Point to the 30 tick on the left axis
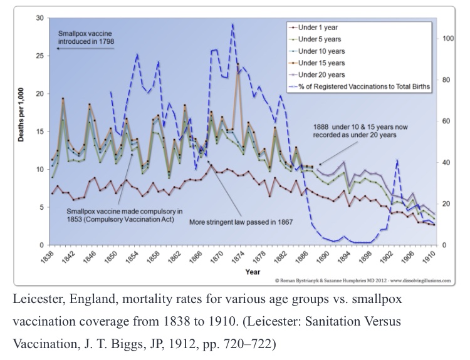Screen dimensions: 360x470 tap(39, 18)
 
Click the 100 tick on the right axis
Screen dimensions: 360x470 tap(447, 38)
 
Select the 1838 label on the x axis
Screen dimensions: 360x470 tap(50, 257)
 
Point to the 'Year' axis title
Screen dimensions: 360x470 tap(253, 272)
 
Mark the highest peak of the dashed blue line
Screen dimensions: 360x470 tap(233, 24)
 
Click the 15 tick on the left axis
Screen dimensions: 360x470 tap(39, 131)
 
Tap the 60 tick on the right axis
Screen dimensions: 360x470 tap(446, 121)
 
